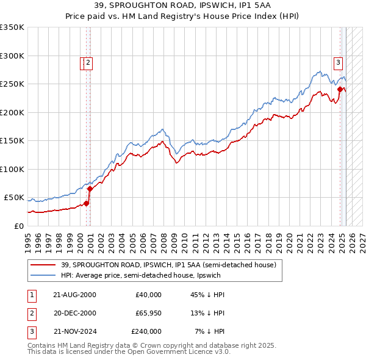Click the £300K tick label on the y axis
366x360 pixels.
[x=12, y=56]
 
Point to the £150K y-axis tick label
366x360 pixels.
[x=12, y=140]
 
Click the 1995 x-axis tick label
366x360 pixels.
[x=28, y=238]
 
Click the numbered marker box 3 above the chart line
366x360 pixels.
[x=338, y=61]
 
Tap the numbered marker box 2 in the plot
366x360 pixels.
[x=88, y=62]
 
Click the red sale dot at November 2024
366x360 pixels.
[x=340, y=90]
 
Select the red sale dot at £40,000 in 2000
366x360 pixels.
[x=87, y=203]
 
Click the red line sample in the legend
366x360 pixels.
[x=44, y=265]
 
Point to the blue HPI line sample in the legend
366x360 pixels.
[x=44, y=275]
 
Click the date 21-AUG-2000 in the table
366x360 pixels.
[x=75, y=295]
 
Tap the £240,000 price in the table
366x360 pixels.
[x=146, y=331]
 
